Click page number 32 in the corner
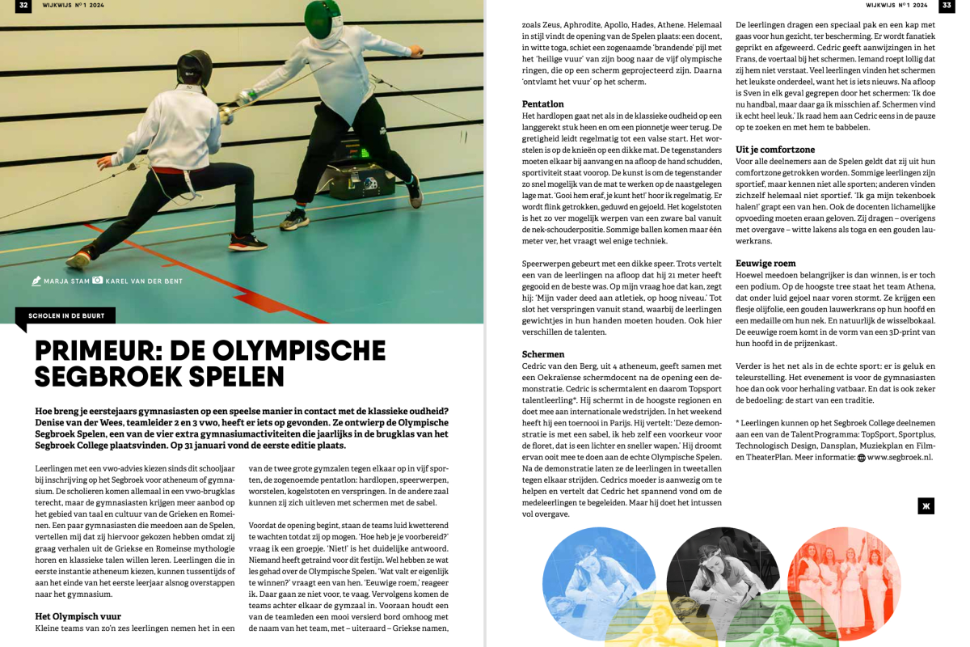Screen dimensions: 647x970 pos(23,6)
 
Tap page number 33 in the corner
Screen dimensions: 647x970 pos(946,6)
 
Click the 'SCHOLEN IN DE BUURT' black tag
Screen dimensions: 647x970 pos(65,315)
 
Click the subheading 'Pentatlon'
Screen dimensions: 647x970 pos(543,104)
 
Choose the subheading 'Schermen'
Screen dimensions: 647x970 pos(543,354)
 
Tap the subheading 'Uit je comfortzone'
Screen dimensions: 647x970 pos(775,150)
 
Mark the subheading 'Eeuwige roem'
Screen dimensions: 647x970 pos(765,264)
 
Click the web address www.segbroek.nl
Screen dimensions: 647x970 pos(900,457)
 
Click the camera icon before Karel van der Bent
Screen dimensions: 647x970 pos(98,281)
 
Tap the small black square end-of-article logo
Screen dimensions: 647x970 pos(926,506)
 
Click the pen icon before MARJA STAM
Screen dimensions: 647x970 pos(36,281)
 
